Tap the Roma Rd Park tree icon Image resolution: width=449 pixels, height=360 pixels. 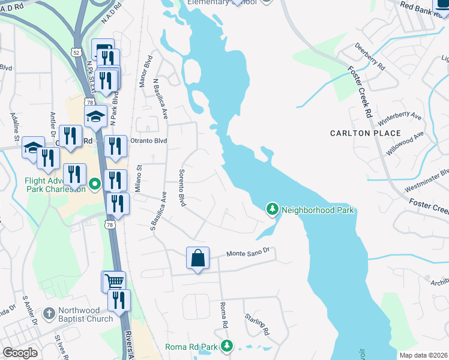(x=227, y=346)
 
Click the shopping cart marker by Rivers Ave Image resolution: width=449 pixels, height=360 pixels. (x=113, y=281)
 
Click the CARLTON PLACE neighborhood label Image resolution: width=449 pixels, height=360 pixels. (x=366, y=133)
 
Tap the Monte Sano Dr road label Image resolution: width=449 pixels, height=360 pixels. (x=250, y=254)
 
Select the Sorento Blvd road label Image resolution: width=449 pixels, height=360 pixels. (x=182, y=188)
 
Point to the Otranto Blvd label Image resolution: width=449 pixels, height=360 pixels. (x=148, y=141)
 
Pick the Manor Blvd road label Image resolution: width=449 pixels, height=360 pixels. (x=144, y=71)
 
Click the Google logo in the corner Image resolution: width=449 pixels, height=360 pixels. (x=20, y=353)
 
